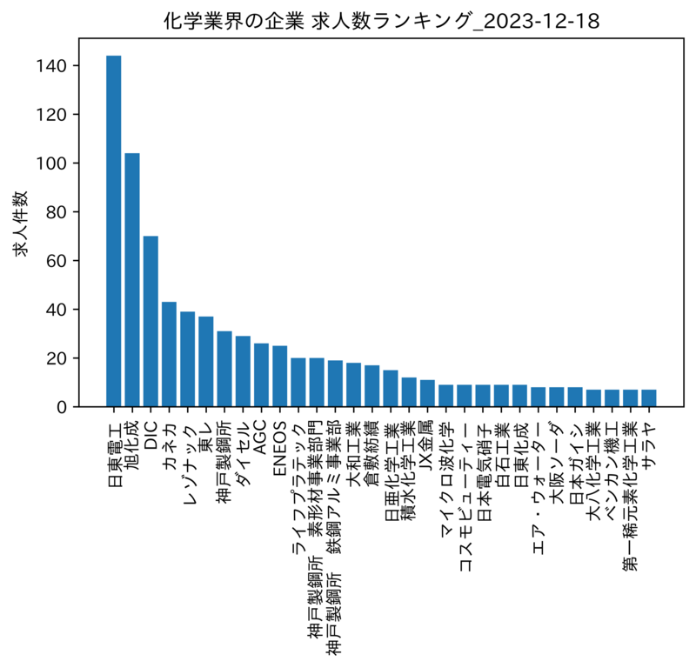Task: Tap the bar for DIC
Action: coord(151,322)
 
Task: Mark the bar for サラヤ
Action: coord(648,398)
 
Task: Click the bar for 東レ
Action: coord(206,362)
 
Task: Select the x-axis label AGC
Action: coord(261,440)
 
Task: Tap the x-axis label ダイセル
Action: coord(243,455)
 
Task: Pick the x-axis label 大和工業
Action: coord(353,454)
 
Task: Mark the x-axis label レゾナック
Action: coord(188,464)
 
